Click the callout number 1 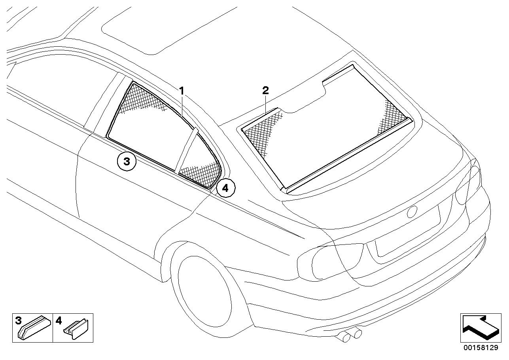point(182,91)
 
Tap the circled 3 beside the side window point(127,161)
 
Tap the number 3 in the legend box point(18,320)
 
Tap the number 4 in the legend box point(59,320)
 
